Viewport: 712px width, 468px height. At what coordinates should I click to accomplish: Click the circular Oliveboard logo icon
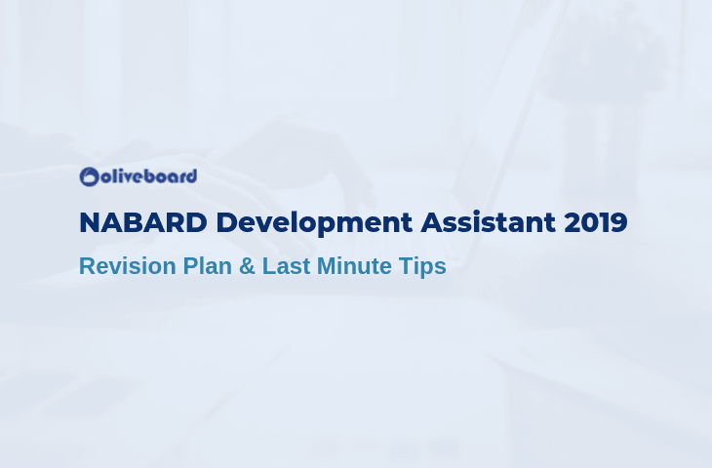pos(89,176)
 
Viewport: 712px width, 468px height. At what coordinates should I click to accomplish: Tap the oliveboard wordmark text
pos(148,176)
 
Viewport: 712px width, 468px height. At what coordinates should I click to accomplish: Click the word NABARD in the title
pos(143,222)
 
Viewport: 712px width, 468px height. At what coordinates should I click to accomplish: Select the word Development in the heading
pos(314,224)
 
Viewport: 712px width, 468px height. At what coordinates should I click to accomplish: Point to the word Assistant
pos(488,222)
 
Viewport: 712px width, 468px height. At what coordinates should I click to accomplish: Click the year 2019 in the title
pos(596,222)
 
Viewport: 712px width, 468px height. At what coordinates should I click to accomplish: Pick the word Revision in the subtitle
pos(128,266)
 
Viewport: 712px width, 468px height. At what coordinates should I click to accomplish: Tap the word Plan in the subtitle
pos(208,266)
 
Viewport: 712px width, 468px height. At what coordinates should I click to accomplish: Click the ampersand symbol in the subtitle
pos(247,266)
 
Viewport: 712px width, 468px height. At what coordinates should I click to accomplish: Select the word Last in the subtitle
pos(286,266)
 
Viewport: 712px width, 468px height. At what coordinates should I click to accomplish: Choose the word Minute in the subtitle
pos(354,266)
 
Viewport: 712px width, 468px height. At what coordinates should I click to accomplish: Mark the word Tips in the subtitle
pos(422,267)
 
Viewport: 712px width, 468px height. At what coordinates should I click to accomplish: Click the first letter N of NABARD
pos(90,222)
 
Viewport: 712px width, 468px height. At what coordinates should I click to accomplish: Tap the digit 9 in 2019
pos(619,222)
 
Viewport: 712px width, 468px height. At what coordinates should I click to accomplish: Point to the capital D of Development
pos(226,222)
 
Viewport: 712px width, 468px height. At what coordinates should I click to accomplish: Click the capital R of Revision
pos(88,266)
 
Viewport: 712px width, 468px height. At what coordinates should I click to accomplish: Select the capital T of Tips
pos(406,266)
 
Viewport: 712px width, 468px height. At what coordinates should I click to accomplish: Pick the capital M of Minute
pos(326,266)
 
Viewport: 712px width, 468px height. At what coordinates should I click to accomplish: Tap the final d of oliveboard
pos(191,176)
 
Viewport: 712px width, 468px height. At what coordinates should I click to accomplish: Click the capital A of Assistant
pos(432,222)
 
